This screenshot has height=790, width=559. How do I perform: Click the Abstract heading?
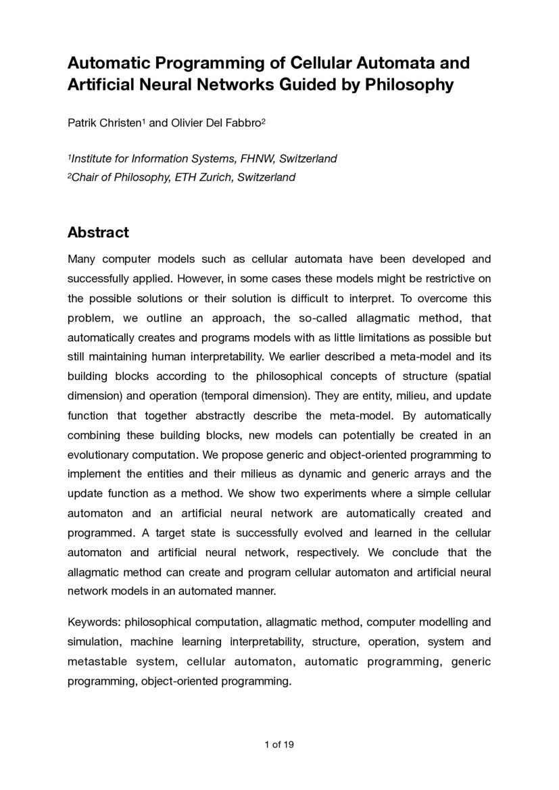point(98,232)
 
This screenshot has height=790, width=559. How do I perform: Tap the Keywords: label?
point(93,622)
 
